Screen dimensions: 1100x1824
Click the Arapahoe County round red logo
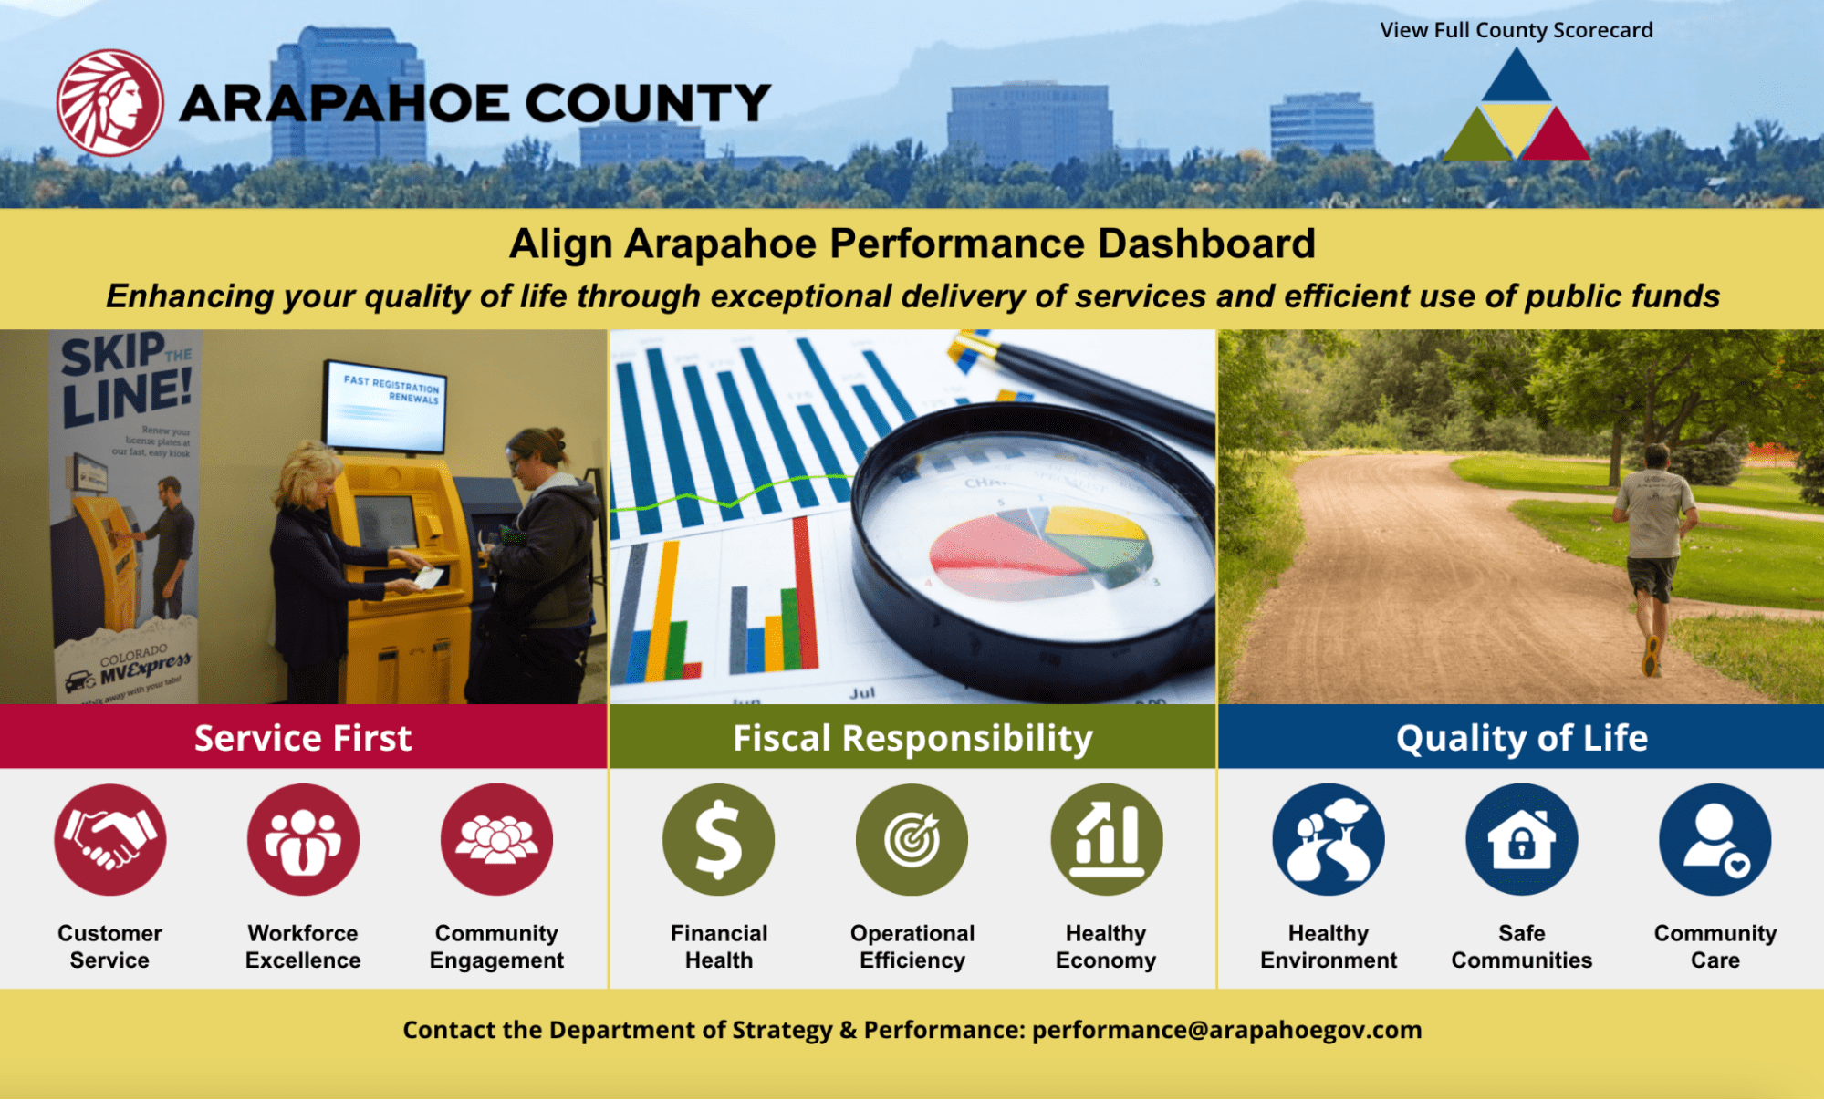tap(109, 102)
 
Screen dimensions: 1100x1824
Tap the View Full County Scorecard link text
tap(1516, 30)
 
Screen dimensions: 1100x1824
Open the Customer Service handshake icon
tap(109, 839)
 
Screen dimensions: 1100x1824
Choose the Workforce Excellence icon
tap(303, 839)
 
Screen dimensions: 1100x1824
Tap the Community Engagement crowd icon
tap(496, 839)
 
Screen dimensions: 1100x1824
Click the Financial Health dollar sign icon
tap(719, 839)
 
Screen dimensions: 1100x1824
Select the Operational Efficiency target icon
tap(912, 839)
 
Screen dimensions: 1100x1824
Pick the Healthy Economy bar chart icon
tap(1106, 839)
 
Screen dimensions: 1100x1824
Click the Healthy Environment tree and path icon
tap(1329, 839)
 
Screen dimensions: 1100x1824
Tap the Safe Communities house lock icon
tap(1521, 839)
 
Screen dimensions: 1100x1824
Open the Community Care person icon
tap(1715, 839)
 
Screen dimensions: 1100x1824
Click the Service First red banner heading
tap(303, 737)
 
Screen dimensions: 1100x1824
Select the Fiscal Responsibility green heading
tap(912, 737)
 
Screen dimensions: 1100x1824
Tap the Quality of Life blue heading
tap(1521, 737)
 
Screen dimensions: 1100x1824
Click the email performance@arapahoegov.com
tap(1226, 1030)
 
